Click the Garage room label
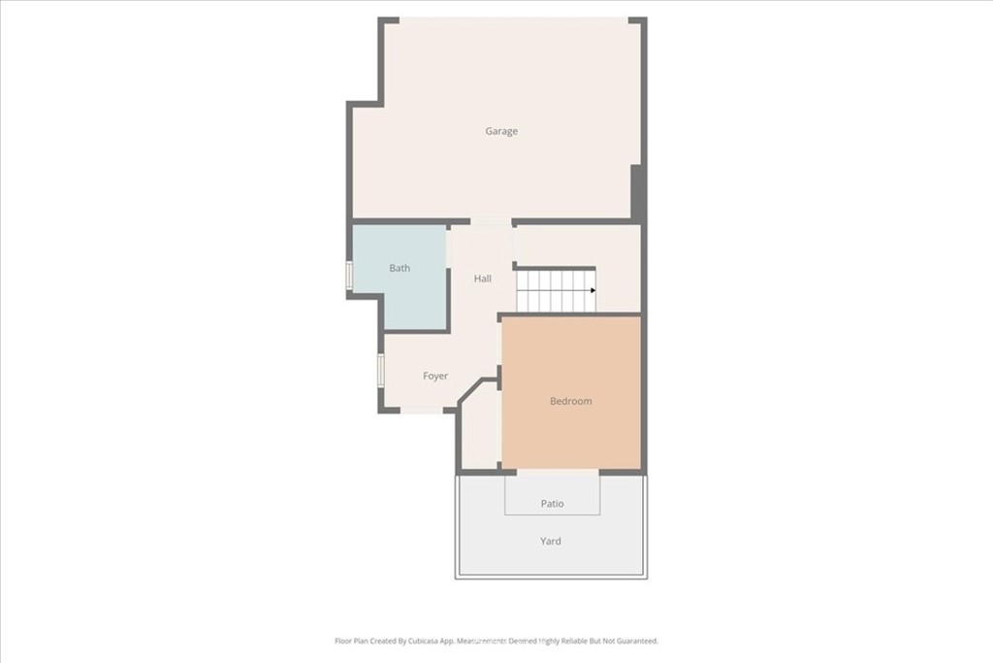click(501, 131)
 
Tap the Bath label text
click(400, 268)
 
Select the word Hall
click(483, 279)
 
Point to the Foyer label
click(435, 376)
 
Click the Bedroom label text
click(570, 401)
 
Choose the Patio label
click(552, 504)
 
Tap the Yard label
click(551, 542)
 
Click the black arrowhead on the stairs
click(593, 290)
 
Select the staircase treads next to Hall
click(556, 291)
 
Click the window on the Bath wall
click(348, 276)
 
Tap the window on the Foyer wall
click(380, 370)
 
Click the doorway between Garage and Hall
click(492, 222)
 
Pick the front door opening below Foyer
click(423, 410)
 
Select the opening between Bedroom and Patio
click(558, 472)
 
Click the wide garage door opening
click(514, 21)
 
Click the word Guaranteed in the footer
click(636, 641)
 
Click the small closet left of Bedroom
click(480, 428)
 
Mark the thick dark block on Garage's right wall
click(638, 191)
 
